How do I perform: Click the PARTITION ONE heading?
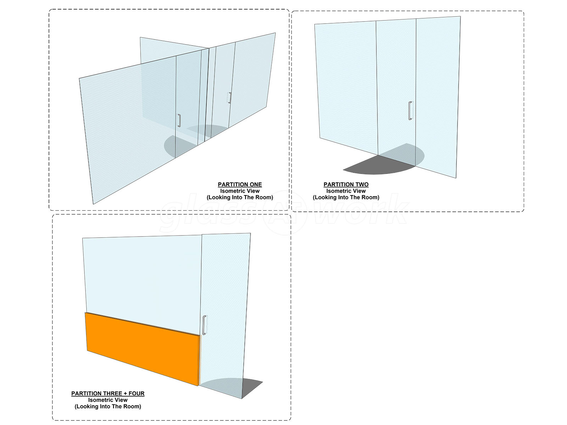point(240,185)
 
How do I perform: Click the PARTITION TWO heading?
point(346,185)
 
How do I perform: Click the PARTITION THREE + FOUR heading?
point(108,393)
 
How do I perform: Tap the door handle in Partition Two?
point(410,111)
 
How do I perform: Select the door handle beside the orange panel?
point(204,325)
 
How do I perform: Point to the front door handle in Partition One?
point(179,120)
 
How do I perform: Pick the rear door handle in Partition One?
point(230,98)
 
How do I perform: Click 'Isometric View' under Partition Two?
point(346,191)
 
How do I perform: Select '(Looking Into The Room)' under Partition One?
point(240,197)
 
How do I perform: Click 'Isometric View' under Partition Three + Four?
point(108,400)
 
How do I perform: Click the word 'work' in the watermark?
point(361,212)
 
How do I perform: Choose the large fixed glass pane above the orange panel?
point(142,276)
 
